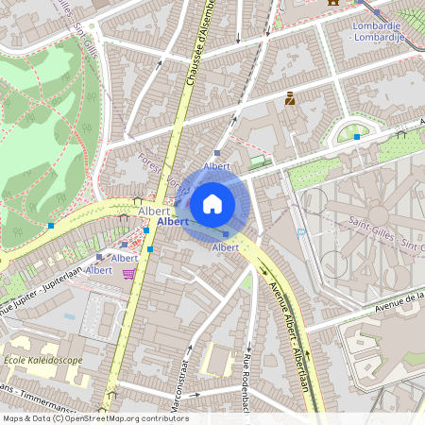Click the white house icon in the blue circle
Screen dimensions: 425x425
(212, 202)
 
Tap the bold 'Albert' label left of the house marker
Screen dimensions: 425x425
(173, 221)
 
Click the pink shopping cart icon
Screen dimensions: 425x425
(128, 274)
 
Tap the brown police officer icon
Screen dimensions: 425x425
(290, 97)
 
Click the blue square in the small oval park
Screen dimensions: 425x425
(357, 137)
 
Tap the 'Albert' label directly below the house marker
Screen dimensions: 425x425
(226, 247)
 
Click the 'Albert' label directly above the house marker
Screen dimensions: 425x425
(217, 165)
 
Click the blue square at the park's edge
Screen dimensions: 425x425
(51, 226)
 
